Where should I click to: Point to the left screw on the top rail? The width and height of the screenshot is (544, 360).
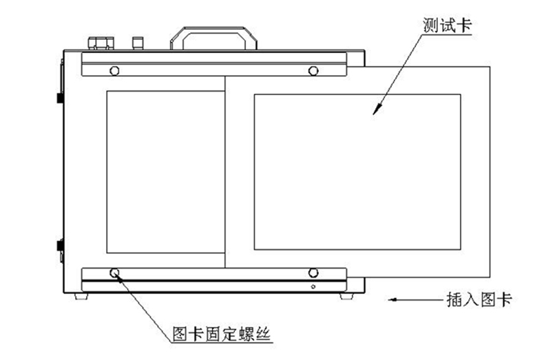(114, 70)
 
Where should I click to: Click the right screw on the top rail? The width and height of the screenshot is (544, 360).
(313, 70)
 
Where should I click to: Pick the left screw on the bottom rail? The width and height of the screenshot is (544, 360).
(114, 273)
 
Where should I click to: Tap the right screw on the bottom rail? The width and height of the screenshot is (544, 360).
(313, 273)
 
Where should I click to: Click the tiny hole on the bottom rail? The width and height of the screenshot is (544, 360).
(313, 286)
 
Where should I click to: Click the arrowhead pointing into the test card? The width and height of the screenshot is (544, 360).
(377, 110)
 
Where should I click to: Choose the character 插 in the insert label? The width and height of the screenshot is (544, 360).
(449, 300)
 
